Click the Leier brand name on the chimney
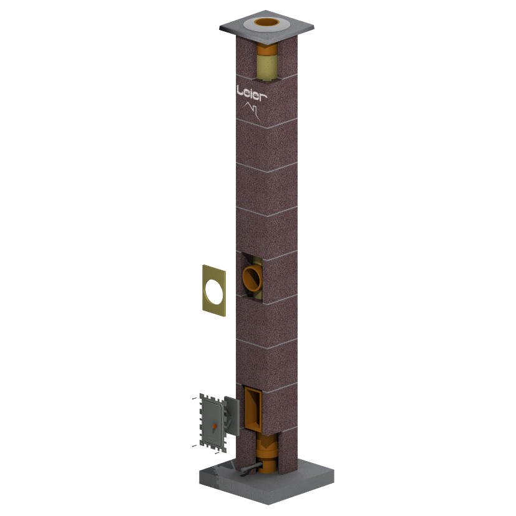click(x=251, y=93)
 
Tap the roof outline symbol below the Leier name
click(x=252, y=111)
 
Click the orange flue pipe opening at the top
click(x=266, y=22)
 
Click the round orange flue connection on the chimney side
click(x=251, y=278)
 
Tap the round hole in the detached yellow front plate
click(x=214, y=291)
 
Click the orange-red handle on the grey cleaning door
click(x=215, y=427)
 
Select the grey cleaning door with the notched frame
click(x=213, y=423)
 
